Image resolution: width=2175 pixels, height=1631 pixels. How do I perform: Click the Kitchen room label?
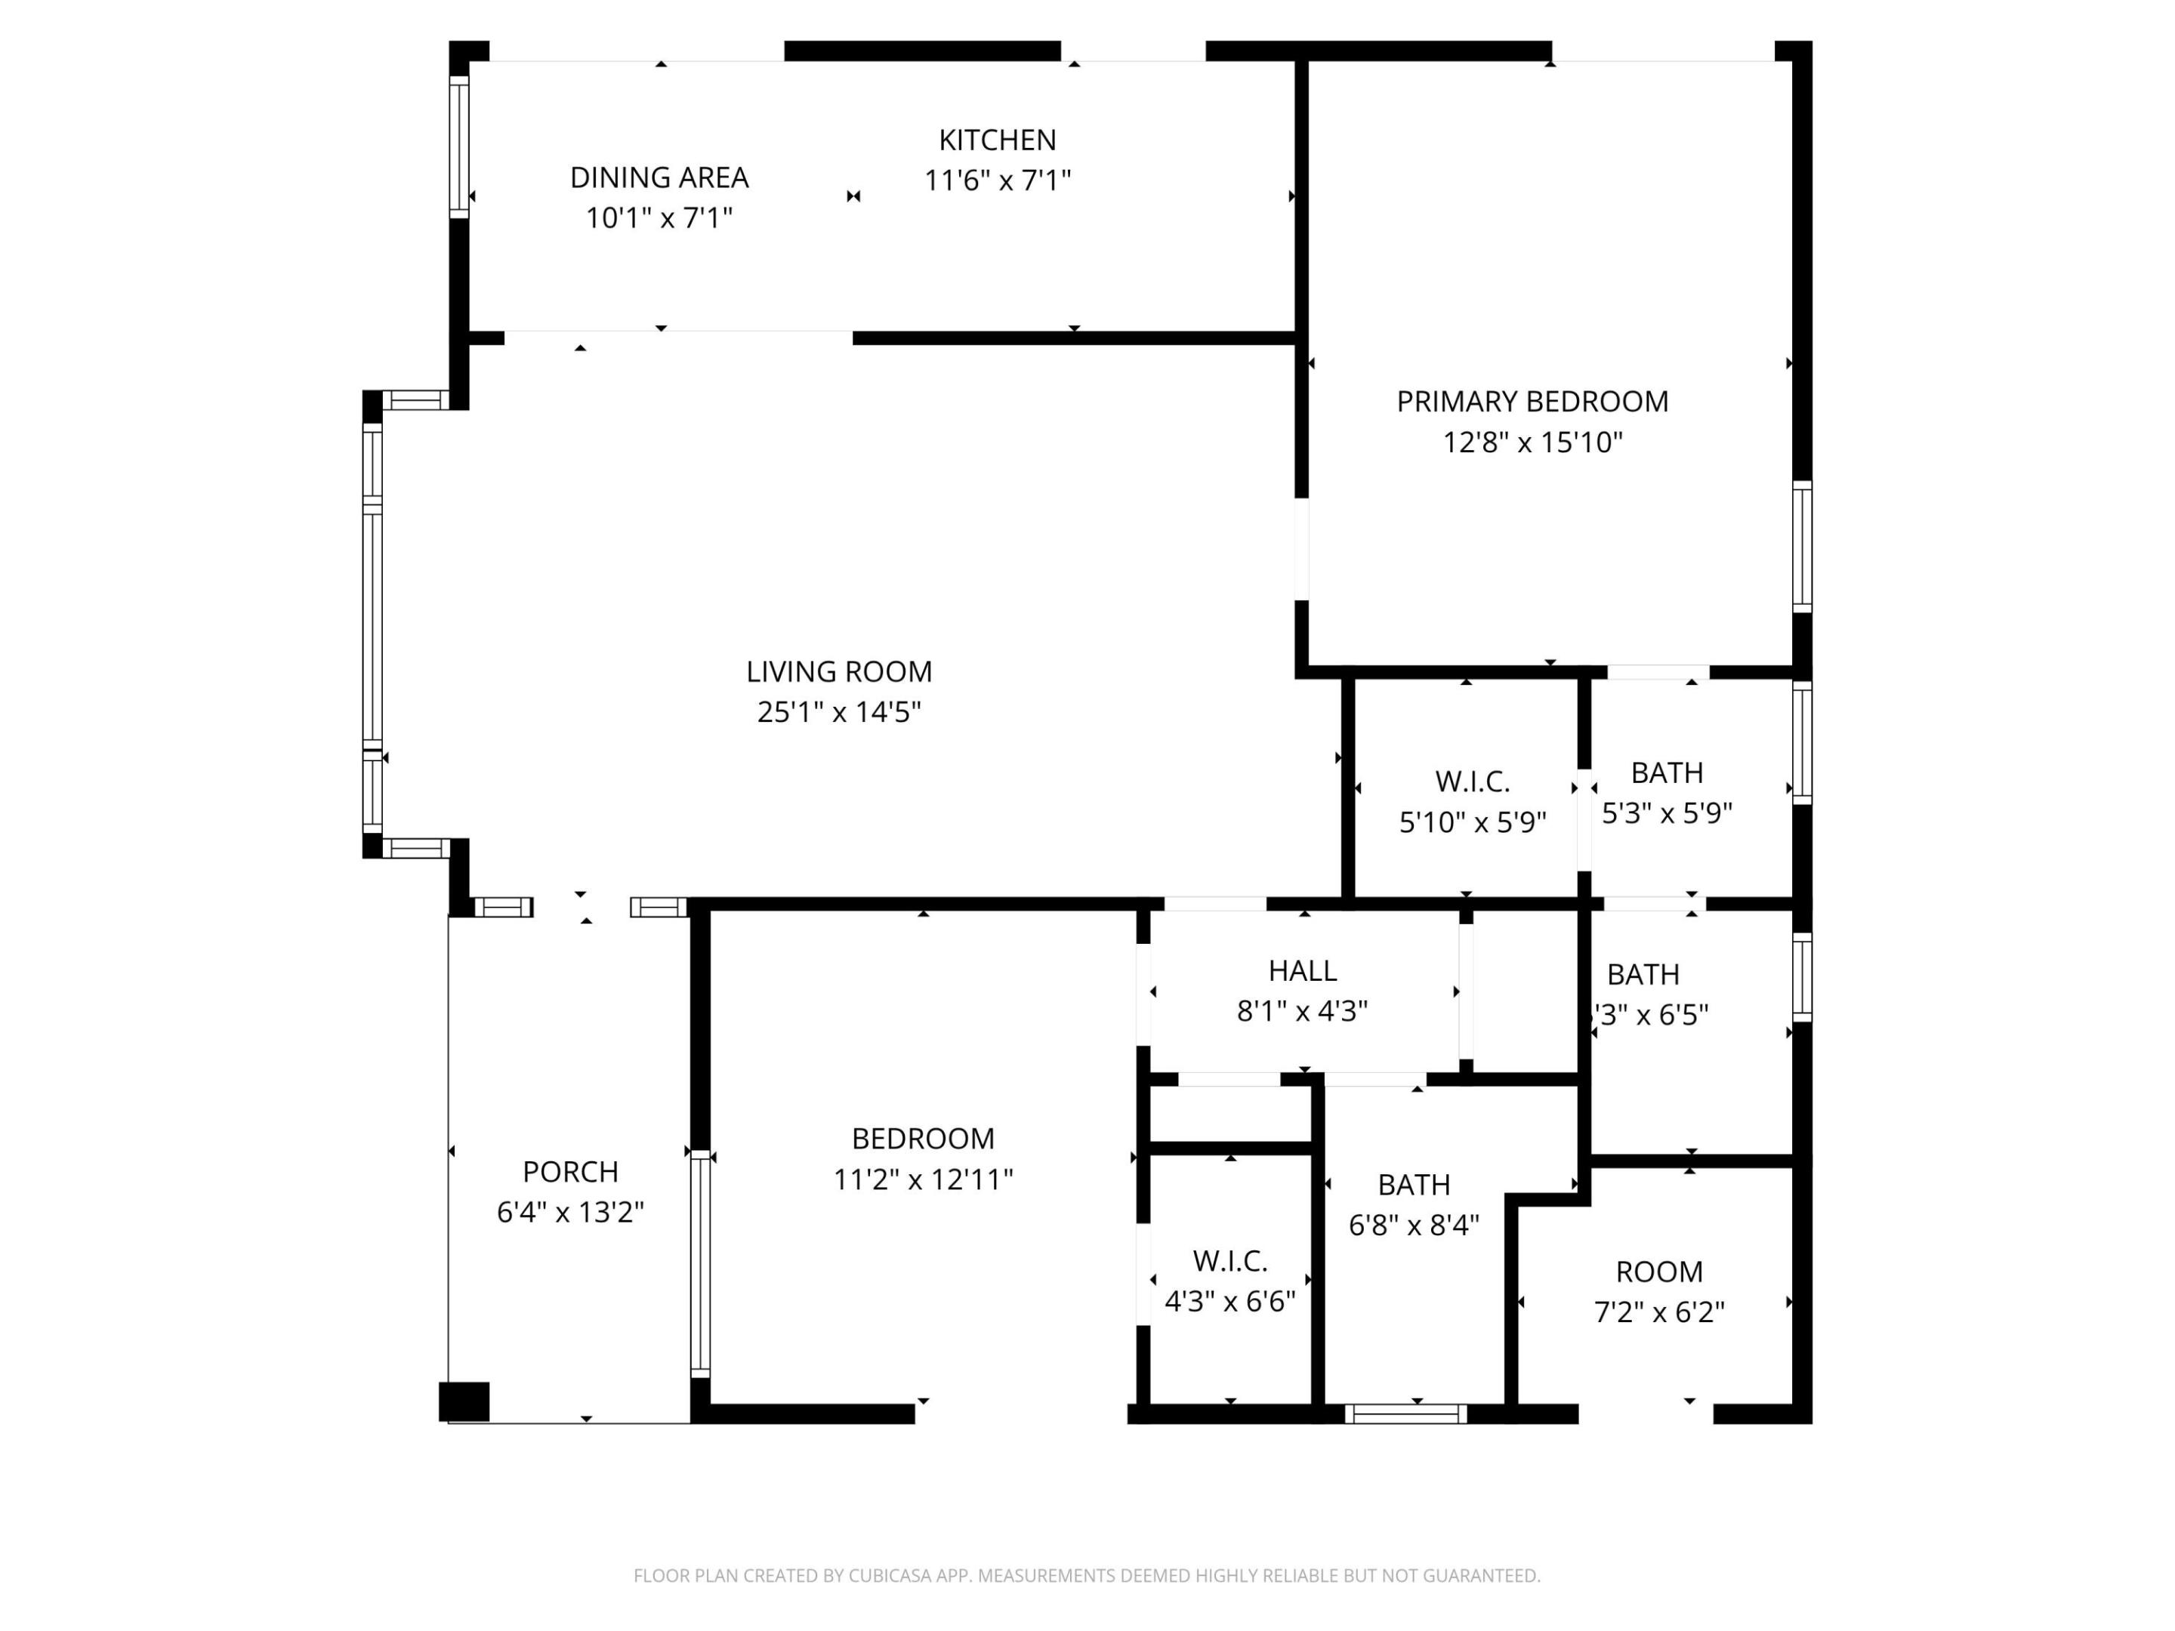[997, 140]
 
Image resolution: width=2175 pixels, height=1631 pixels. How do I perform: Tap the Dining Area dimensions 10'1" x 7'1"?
[659, 218]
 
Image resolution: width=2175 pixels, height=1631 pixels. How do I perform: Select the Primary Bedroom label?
[1532, 402]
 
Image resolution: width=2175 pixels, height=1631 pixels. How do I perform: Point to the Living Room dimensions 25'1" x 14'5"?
[839, 712]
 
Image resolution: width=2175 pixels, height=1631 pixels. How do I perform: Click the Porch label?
[570, 1172]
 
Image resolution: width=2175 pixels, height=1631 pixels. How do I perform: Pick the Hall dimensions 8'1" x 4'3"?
[1302, 1012]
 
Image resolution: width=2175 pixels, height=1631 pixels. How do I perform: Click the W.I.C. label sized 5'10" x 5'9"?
[1472, 782]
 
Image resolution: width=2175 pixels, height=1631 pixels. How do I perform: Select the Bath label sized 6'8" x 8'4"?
[1414, 1185]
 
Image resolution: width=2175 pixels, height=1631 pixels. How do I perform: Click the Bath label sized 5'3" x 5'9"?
[1667, 774]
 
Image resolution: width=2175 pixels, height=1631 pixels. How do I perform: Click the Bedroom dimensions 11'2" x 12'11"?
[922, 1179]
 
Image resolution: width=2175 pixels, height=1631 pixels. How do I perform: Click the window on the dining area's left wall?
[459, 146]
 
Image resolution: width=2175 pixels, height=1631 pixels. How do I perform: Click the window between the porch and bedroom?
[700, 1263]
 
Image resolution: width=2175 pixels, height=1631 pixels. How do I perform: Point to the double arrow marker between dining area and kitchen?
[853, 196]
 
